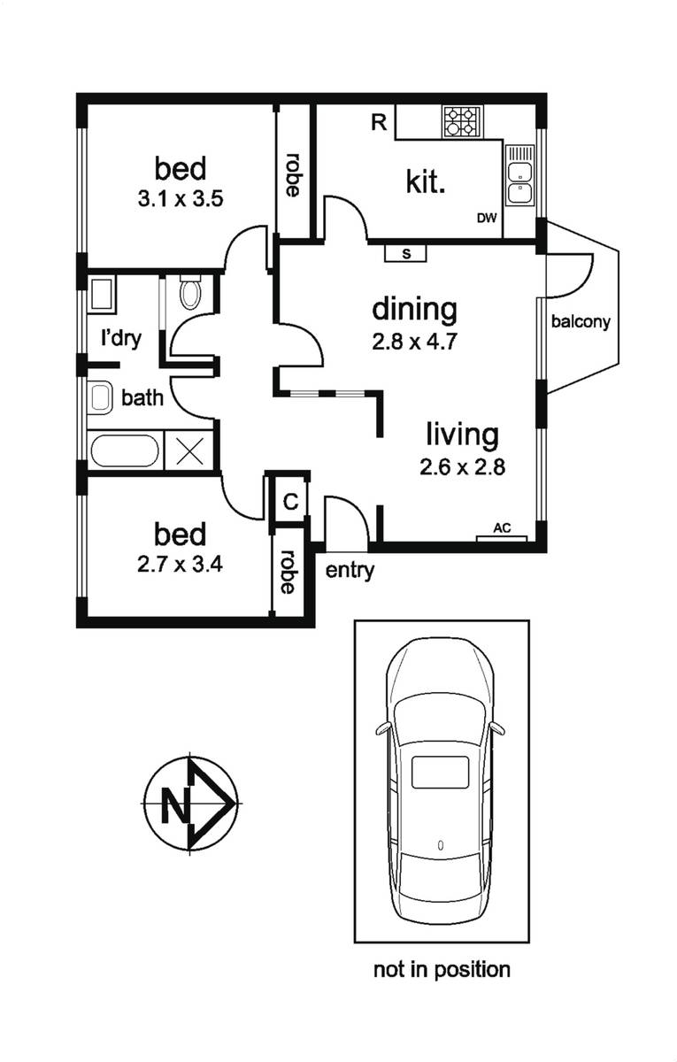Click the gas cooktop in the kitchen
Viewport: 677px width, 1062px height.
[462, 122]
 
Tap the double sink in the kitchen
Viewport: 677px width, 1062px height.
[519, 175]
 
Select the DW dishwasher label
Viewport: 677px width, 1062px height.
[487, 218]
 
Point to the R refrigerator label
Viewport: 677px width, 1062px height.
[379, 122]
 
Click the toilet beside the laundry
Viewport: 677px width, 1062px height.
[190, 291]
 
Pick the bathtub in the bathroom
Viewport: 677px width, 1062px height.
[125, 450]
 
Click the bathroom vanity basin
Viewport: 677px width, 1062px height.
[100, 397]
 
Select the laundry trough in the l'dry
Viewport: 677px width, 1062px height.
[102, 295]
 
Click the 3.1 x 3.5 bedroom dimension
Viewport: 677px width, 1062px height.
[181, 199]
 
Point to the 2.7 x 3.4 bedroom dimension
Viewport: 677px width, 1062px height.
[181, 565]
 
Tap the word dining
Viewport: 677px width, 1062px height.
[415, 310]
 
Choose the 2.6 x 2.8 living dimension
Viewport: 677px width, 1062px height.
[463, 467]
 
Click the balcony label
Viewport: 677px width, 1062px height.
[581, 322]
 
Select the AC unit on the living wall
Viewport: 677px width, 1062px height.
[502, 538]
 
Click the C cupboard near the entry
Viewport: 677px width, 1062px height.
[290, 502]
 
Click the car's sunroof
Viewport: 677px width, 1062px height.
[441, 773]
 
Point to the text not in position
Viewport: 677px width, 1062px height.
[442, 970]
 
